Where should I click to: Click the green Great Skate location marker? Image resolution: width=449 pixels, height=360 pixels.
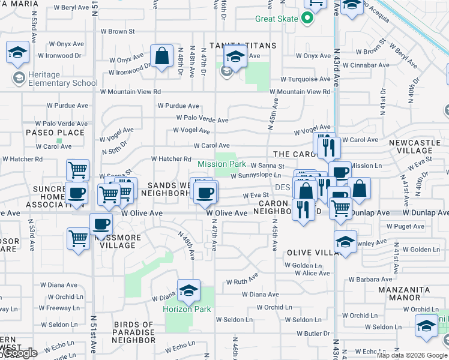308,18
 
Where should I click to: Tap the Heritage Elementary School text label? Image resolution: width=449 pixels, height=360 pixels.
55,78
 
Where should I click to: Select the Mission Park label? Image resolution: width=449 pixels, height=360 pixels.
222,164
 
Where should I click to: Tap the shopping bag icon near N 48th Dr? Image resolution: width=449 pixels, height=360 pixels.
162,57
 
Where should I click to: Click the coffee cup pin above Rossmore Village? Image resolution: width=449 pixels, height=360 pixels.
101,224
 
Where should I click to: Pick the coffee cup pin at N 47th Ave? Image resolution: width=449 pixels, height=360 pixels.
206,192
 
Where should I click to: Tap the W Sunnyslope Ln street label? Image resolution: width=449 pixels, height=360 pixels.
256,176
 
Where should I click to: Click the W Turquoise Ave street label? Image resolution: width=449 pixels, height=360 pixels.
306,79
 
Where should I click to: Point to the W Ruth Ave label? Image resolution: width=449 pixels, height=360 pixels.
242,280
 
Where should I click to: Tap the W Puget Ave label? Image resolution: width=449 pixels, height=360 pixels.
405,226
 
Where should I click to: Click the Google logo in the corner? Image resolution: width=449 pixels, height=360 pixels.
19,353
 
